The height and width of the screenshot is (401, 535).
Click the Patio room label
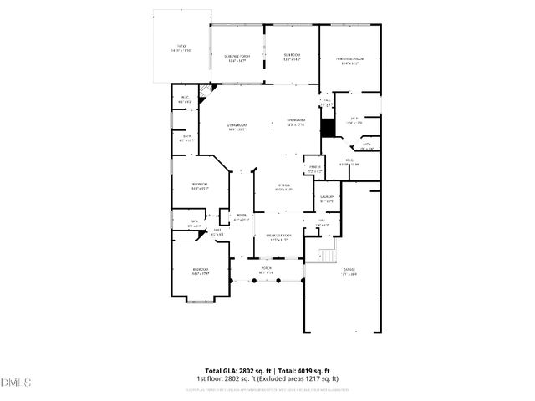[181, 48]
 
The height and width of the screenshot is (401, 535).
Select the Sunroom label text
[292, 57]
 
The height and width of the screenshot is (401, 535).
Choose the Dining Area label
[297, 123]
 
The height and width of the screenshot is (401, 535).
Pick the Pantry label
[315, 169]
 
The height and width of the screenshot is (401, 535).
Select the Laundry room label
[327, 199]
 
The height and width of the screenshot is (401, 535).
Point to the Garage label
[349, 271]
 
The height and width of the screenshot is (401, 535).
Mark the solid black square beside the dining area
[329, 127]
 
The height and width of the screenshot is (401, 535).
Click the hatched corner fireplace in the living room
[213, 87]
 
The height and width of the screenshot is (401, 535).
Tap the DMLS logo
[16, 383]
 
